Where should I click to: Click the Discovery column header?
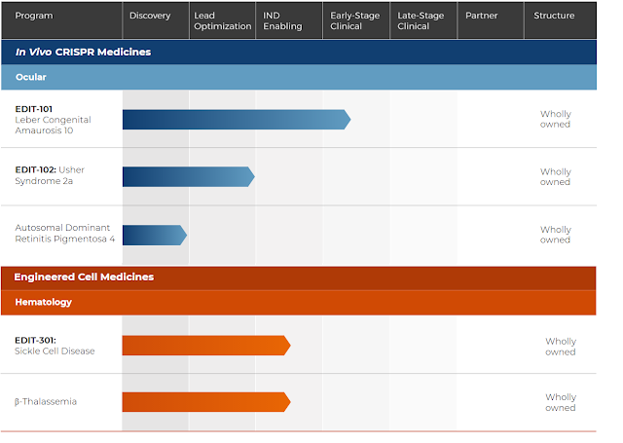coord(150,16)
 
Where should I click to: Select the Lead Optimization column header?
coord(223,20)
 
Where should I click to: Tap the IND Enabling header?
coord(282,20)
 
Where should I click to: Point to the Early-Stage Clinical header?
coord(354,20)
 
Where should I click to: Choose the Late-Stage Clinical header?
coord(421,20)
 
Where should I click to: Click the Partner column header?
coord(482,16)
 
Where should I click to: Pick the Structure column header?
coord(554,16)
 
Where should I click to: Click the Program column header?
coord(34,16)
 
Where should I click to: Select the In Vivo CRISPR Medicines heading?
coord(83,52)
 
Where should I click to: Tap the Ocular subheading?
coord(31,77)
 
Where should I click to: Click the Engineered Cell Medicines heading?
coord(84,277)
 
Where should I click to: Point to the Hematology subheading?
coord(43,303)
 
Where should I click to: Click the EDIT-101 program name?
coord(34,109)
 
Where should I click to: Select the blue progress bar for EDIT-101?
coord(237,120)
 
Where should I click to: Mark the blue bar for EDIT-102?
coord(188,177)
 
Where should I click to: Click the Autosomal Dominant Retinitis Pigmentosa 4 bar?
coord(155,235)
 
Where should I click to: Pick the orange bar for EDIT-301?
coord(206,346)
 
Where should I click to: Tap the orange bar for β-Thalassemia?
coord(206,402)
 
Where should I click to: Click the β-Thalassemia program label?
coord(46,402)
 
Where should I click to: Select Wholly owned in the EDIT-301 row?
coord(561,347)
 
